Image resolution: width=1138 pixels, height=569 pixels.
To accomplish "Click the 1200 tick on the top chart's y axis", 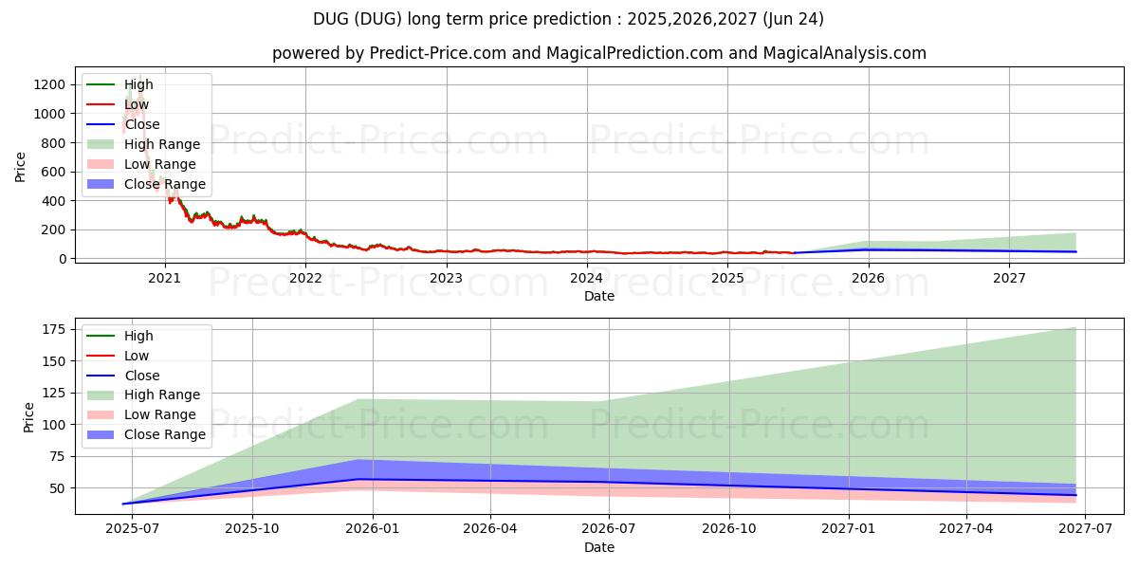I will pyautogui.click(x=52, y=84).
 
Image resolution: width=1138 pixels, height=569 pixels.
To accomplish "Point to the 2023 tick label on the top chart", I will pyautogui.click(x=446, y=278).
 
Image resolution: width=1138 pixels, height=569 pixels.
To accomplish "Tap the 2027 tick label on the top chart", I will pyautogui.click(x=1009, y=278).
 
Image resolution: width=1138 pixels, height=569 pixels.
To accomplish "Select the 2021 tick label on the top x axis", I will pyautogui.click(x=165, y=278).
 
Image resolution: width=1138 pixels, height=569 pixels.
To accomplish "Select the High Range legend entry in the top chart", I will pyautogui.click(x=162, y=144).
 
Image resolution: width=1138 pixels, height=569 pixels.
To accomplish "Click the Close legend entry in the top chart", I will pyautogui.click(x=142, y=124).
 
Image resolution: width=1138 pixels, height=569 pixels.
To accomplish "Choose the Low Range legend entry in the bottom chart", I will pyautogui.click(x=160, y=414).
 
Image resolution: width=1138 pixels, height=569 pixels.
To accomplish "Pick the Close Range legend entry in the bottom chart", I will pyautogui.click(x=165, y=434).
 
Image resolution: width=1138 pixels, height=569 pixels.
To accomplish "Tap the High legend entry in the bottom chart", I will pyautogui.click(x=138, y=336).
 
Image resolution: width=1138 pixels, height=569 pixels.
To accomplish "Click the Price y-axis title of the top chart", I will pyautogui.click(x=21, y=167).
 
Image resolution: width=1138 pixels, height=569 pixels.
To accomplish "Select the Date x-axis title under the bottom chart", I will pyautogui.click(x=599, y=547).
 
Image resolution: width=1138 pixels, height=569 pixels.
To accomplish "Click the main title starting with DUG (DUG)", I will pyautogui.click(x=568, y=19).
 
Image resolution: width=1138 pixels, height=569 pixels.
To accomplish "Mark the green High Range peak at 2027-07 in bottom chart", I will pyautogui.click(x=1075, y=328).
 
